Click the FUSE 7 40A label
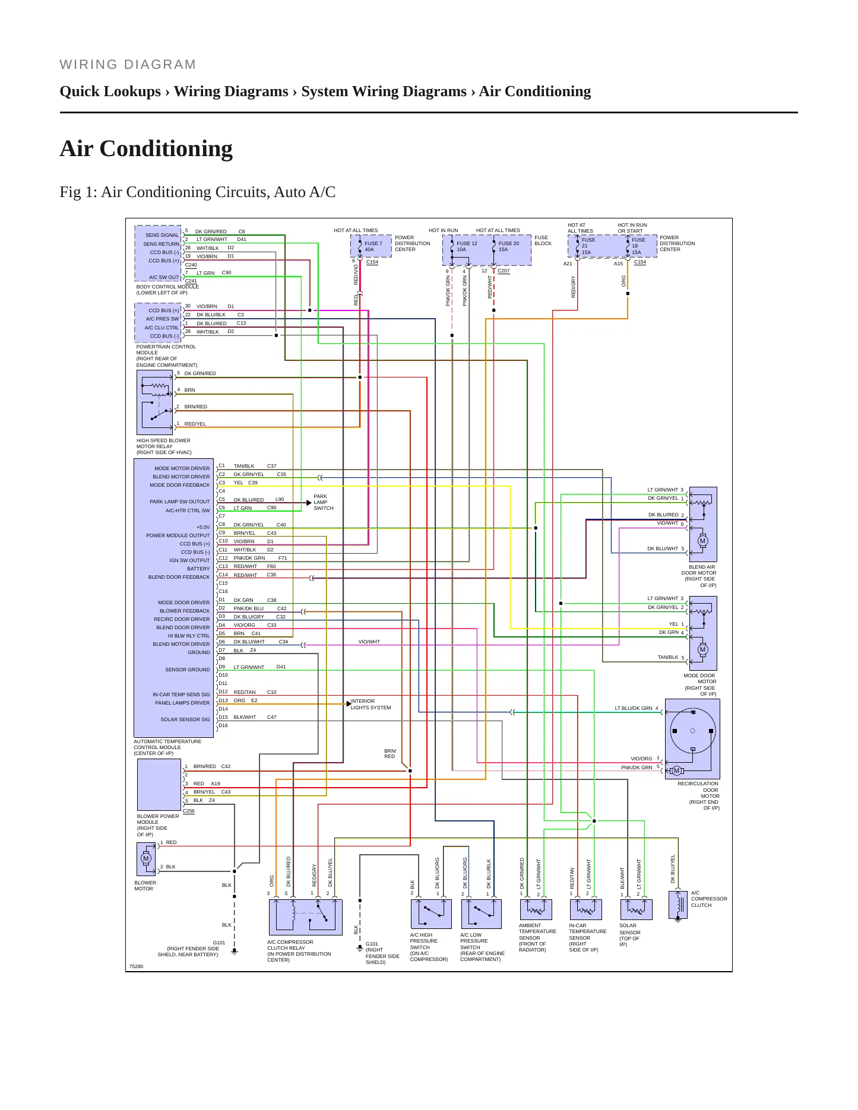(373, 246)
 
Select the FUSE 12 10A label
(467, 246)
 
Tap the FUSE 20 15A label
(509, 246)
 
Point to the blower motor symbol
(146, 859)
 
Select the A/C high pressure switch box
(431, 914)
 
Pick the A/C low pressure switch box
(482, 914)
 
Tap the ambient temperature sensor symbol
(536, 909)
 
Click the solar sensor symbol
(637, 909)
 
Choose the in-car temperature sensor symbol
(586, 909)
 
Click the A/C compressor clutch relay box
(306, 917)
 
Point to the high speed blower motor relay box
(155, 402)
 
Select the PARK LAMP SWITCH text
(324, 502)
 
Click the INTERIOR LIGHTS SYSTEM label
(371, 705)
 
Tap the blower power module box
(159, 785)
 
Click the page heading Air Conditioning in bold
(146, 148)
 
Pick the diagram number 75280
(137, 966)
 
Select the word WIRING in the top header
(86, 65)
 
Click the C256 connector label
(189, 811)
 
